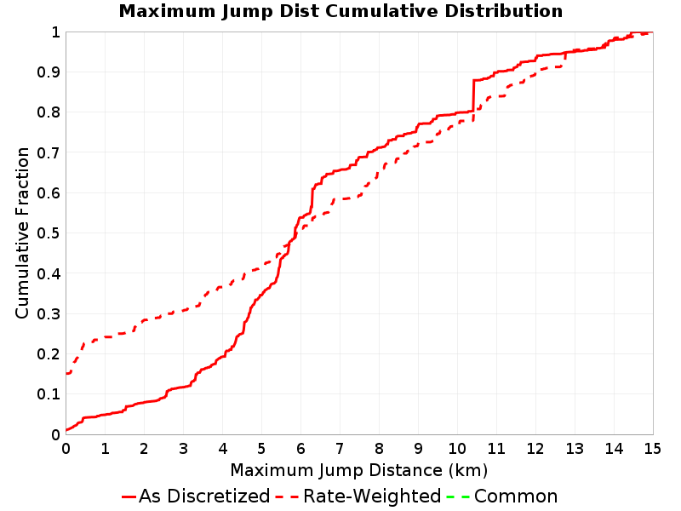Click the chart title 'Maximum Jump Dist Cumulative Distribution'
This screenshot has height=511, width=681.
340,11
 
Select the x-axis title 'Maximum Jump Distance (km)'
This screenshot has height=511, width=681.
358,471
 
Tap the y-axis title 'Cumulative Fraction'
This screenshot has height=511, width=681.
22,233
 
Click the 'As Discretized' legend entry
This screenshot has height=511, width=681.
196,497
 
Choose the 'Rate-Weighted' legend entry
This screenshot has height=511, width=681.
358,497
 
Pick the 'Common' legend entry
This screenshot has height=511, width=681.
502,497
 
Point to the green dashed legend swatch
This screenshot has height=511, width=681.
458,497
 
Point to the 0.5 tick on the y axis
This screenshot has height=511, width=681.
49,233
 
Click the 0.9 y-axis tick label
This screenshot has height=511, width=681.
49,72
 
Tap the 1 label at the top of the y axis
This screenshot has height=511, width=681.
55,32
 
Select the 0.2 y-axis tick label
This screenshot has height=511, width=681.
49,354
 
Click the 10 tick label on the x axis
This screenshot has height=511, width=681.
457,449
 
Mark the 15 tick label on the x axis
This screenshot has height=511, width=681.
652,449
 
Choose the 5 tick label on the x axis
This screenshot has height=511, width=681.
261,449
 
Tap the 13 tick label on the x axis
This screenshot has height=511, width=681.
574,449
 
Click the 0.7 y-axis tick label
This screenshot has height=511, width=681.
49,153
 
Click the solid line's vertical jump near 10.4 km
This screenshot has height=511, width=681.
473,95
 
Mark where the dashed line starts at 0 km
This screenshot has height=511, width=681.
66,373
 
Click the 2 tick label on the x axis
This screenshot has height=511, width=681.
144,449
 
